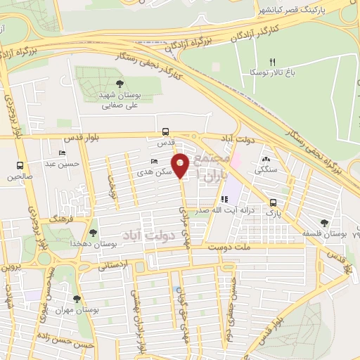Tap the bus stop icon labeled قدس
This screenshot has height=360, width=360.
[x=165, y=131]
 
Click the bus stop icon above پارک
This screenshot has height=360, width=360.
[x=272, y=202]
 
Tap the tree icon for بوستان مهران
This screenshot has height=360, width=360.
[x=77, y=299]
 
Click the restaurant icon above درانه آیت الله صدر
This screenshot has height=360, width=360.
[x=224, y=200]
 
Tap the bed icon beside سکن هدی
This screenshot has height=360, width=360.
[x=155, y=161]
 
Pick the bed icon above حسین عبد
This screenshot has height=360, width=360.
[x=63, y=153]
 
